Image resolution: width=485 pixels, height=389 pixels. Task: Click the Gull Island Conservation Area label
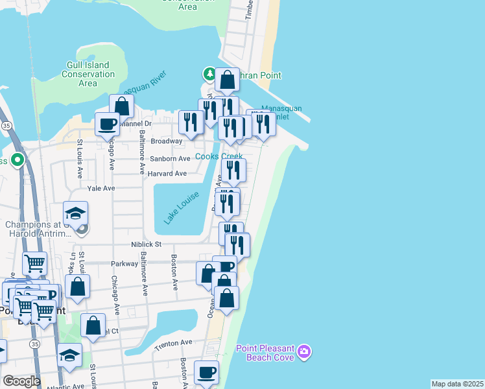(x=88, y=74)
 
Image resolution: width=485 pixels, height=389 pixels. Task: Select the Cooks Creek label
(x=219, y=156)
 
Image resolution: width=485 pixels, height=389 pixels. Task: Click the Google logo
(x=21, y=381)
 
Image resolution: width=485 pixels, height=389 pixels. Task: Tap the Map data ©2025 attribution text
(x=458, y=384)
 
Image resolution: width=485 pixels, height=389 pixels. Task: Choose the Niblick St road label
(x=148, y=244)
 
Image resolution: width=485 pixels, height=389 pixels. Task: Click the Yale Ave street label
(x=101, y=188)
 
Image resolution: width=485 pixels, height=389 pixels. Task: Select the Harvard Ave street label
(x=167, y=174)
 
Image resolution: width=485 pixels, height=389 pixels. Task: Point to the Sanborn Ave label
(x=171, y=158)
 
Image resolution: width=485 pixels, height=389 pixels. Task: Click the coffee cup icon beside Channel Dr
(x=107, y=124)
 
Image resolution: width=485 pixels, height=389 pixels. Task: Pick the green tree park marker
(x=209, y=74)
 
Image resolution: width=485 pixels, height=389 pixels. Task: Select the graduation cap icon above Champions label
(x=75, y=213)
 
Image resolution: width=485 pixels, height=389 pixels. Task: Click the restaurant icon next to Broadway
(x=191, y=121)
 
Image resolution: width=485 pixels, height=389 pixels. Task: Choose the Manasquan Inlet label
(x=281, y=113)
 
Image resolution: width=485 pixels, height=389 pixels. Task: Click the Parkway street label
(x=125, y=264)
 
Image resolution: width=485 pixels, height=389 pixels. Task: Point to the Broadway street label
(x=167, y=141)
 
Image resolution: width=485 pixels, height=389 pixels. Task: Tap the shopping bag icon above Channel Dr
(x=121, y=106)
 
